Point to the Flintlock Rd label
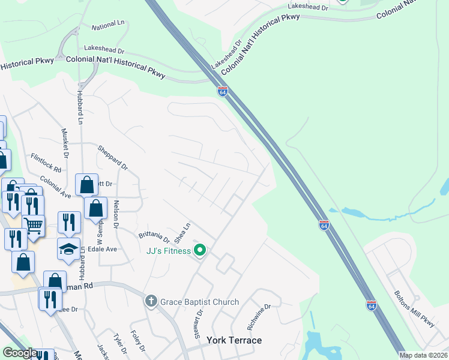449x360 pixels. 46,163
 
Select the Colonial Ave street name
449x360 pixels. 56,187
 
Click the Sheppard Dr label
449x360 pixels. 113,157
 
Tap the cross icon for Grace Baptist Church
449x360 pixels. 151,301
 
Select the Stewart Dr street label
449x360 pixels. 199,323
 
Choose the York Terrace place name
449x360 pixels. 234,340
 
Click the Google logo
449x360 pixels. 20,353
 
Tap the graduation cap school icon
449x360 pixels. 68,247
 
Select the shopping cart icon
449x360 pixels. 34,225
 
